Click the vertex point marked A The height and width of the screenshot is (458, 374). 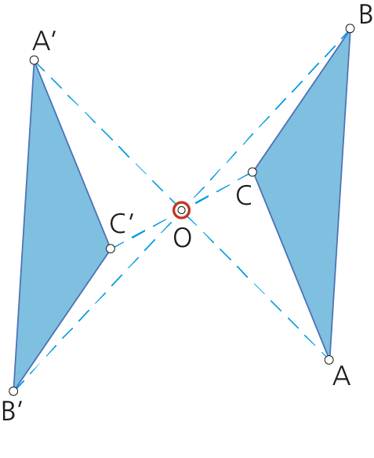point(329,360)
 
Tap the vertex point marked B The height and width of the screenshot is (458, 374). point(350,28)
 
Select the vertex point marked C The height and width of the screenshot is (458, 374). point(252,172)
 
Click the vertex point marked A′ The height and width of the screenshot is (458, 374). point(34,60)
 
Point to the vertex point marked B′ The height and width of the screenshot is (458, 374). point(13,391)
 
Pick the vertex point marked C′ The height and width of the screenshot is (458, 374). point(111,249)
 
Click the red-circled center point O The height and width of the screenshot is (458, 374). point(181,210)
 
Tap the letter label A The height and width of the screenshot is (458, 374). point(341,376)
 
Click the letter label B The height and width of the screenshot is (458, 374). point(366,14)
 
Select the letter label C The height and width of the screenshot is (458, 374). point(244,195)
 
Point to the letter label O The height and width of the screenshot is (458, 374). point(182,238)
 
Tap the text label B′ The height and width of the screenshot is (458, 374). point(13,410)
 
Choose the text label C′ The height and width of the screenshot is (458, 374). point(122,224)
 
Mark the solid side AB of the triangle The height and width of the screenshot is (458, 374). point(340,194)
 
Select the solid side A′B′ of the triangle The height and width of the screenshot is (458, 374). point(24,226)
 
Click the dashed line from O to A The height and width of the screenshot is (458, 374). point(255,285)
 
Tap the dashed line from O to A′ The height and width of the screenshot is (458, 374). point(107,135)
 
